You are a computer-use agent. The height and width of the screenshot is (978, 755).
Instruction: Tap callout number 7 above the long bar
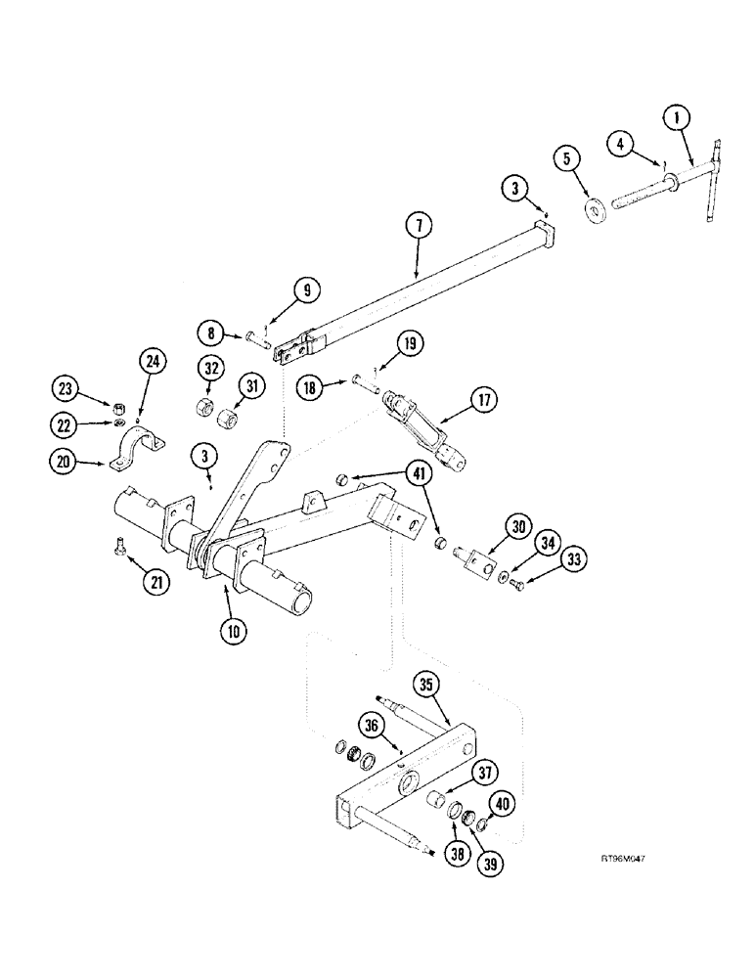coord(418,226)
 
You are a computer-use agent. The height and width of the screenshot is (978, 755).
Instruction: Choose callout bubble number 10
coord(234,630)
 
